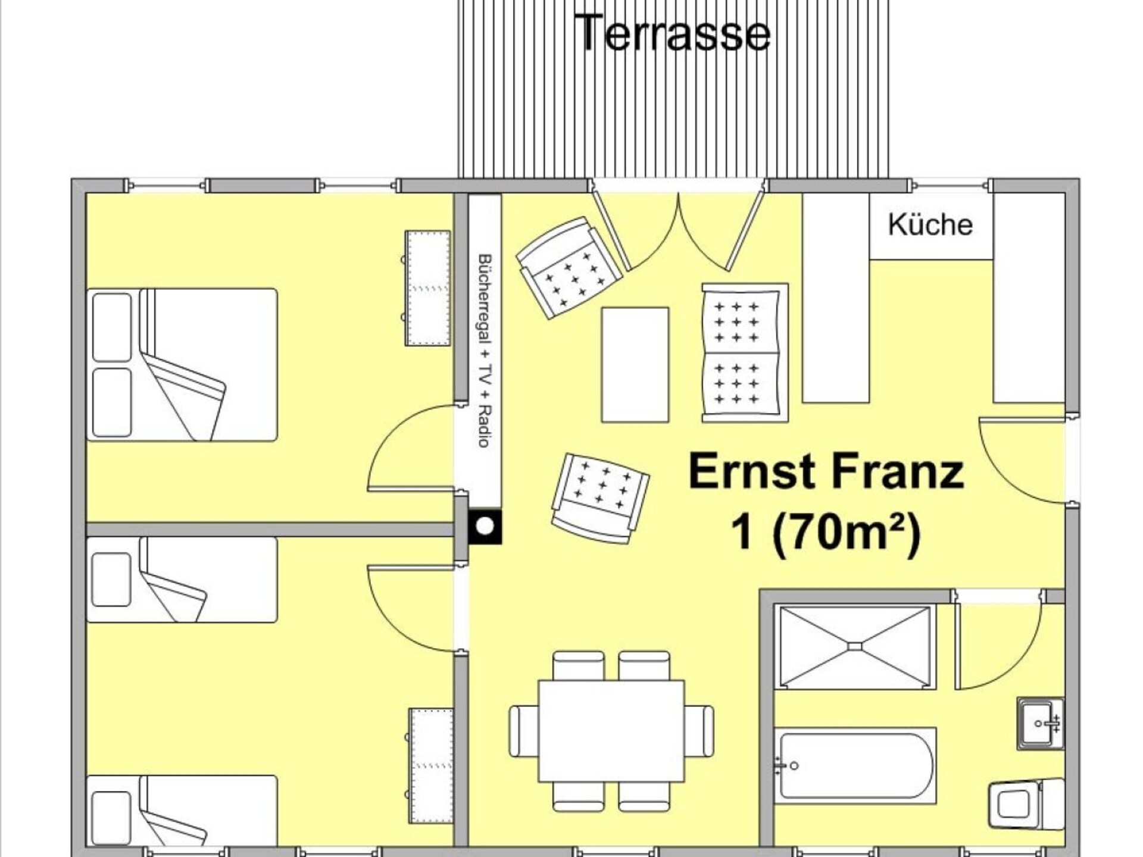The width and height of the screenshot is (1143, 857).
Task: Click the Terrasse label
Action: [673, 32]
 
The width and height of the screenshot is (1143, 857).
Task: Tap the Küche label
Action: [930, 225]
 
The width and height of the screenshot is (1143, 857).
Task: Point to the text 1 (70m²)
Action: [826, 533]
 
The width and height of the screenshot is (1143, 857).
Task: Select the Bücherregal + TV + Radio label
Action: [485, 351]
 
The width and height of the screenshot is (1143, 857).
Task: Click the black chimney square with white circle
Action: [485, 527]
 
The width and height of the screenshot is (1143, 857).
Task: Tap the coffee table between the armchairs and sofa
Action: [635, 365]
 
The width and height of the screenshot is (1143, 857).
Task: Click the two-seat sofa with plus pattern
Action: [745, 353]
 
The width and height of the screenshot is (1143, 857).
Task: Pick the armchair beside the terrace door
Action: [569, 267]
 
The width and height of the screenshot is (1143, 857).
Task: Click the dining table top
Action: [611, 731]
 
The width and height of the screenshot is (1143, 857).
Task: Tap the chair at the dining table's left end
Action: [524, 731]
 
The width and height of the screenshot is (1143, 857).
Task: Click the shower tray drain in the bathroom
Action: [855, 646]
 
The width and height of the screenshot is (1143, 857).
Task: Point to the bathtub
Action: [855, 765]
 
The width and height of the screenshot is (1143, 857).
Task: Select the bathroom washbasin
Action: [1040, 723]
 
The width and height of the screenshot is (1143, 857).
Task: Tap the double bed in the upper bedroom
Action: [182, 365]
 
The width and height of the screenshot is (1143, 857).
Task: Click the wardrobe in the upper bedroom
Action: [427, 288]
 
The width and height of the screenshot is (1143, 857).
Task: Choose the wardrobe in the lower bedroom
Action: [430, 766]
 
